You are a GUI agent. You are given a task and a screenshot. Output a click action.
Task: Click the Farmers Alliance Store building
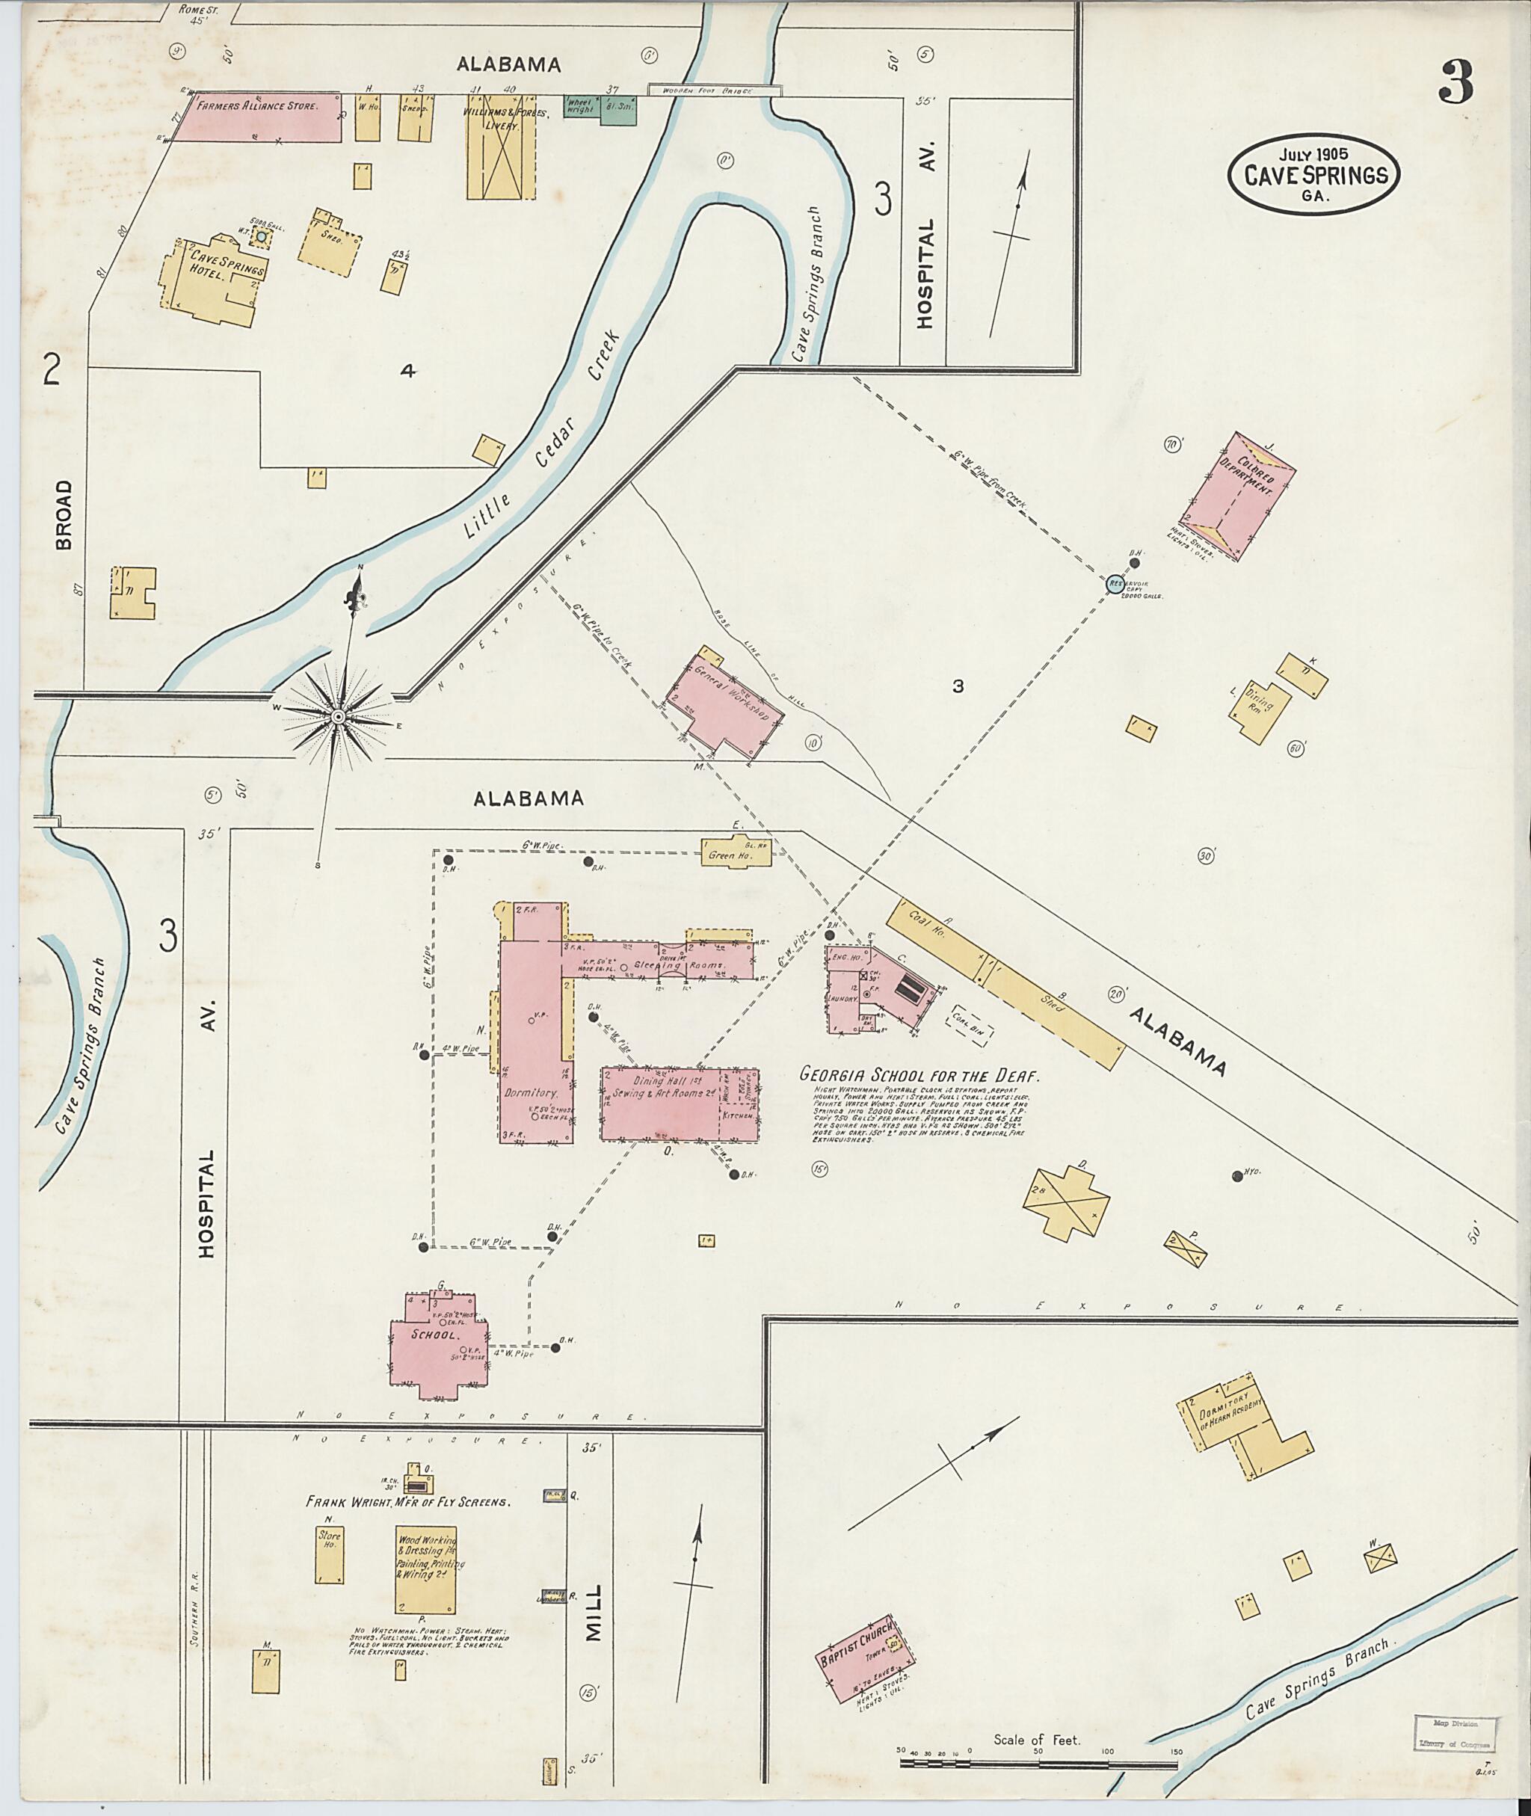tap(260, 117)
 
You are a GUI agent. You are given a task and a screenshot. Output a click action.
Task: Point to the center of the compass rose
tap(338, 717)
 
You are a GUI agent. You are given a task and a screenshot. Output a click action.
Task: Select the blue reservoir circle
tap(1115, 584)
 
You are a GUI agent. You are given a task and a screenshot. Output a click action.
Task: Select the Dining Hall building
tap(680, 1104)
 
